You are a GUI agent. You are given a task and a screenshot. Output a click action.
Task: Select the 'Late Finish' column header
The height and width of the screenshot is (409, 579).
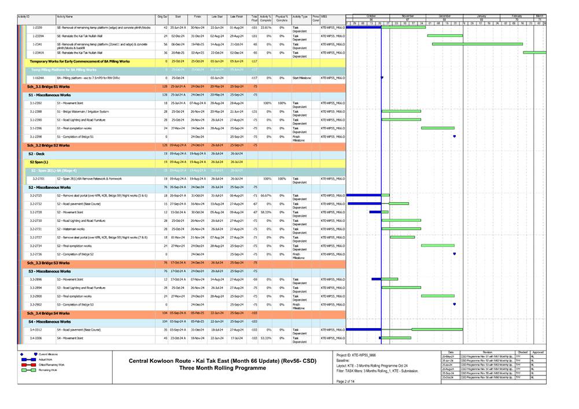coord(236,18)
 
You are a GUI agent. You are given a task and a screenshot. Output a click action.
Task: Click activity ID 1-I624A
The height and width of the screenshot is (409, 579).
coord(38,77)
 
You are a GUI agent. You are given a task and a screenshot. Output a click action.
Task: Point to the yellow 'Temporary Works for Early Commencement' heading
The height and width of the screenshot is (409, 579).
coord(80,61)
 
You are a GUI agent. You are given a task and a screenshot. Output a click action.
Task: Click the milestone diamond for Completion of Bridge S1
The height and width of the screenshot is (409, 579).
coord(455,136)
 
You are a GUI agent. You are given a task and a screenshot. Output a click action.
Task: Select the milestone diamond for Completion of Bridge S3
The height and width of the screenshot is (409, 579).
coord(455,304)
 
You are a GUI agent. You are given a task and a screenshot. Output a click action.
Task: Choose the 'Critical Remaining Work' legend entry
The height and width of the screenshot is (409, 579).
coord(52,365)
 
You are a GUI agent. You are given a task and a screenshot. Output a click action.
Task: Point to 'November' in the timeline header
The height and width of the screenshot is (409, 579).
coord(408,16)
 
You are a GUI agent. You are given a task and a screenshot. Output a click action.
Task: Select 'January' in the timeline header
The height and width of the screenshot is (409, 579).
coord(482,16)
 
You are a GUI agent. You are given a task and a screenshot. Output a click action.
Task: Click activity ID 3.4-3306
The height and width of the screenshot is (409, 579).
coord(36,337)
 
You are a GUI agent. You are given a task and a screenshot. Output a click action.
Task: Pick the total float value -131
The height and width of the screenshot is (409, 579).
coord(254,111)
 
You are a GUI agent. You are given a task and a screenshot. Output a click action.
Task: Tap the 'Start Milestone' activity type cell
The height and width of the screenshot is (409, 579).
coord(301,77)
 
